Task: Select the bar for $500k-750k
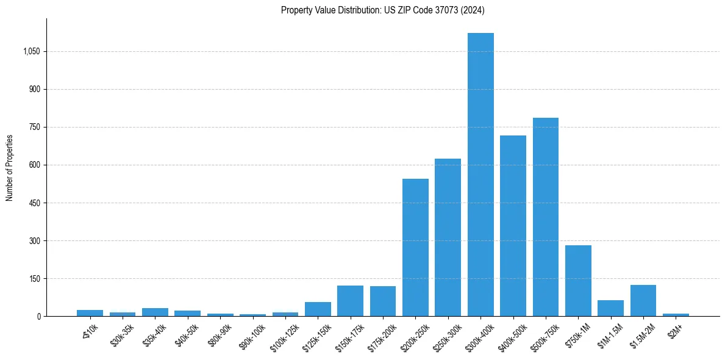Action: point(545,217)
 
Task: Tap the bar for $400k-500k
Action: point(513,226)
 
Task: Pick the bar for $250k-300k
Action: point(448,237)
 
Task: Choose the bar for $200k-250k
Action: point(415,247)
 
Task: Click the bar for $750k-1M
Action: point(578,281)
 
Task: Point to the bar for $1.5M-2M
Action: point(643,300)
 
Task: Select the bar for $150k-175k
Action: point(350,301)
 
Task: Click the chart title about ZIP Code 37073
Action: point(383,10)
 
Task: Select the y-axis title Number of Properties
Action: point(10,167)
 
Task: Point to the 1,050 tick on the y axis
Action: point(31,52)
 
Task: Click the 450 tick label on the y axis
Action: point(34,203)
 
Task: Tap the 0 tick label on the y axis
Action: point(38,317)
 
